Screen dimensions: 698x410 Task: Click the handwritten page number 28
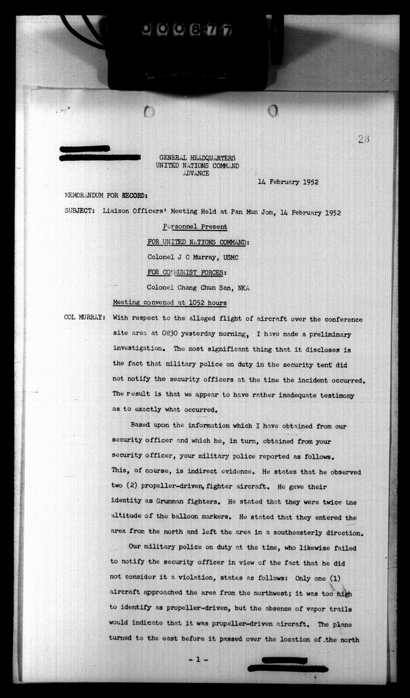point(363,139)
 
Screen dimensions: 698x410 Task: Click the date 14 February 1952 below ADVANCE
point(288,182)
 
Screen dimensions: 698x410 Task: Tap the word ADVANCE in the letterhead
point(196,173)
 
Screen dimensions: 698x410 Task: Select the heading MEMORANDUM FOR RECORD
point(106,196)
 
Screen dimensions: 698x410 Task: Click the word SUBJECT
point(79,212)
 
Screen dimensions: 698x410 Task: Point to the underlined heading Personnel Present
point(195,227)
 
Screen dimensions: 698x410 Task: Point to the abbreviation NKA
point(244,287)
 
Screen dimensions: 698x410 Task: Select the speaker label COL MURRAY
point(84,318)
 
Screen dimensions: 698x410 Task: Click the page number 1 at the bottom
point(198,661)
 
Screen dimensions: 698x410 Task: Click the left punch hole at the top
point(149,111)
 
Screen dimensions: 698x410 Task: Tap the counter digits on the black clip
point(188,30)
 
